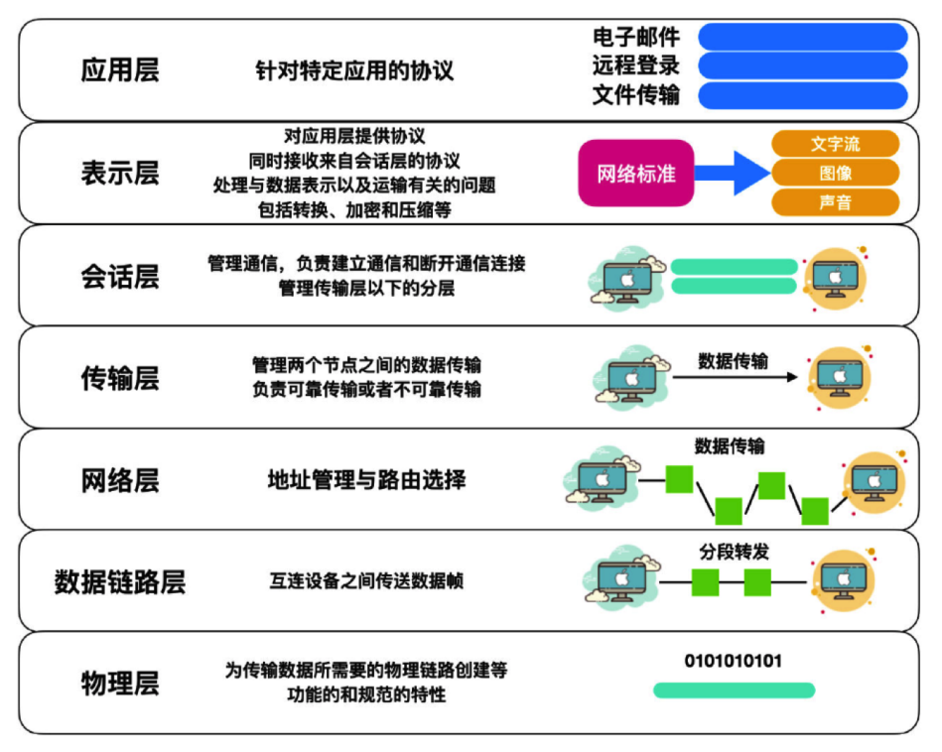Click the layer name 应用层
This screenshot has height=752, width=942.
tap(120, 69)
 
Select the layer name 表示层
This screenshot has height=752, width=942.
tap(120, 173)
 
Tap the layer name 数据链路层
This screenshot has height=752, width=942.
tap(120, 581)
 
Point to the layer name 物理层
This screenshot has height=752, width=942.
tap(120, 683)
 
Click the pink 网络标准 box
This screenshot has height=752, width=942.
tap(636, 173)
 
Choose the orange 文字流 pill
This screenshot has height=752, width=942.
tap(835, 144)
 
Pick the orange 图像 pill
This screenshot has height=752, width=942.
tap(835, 173)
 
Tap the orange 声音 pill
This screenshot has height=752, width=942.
tap(835, 202)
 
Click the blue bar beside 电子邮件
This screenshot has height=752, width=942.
tap(803, 37)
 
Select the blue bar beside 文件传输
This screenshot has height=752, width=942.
tap(803, 95)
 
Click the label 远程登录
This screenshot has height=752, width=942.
tap(636, 65)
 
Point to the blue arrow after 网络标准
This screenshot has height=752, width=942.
tap(733, 173)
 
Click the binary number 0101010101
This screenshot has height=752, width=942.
tap(733, 662)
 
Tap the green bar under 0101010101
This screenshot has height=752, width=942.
tap(735, 690)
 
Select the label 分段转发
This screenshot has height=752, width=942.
tap(734, 552)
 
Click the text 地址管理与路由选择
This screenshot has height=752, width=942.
tap(366, 480)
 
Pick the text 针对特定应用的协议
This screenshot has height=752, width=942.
tap(354, 70)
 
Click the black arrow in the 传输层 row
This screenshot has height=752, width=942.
tap(735, 377)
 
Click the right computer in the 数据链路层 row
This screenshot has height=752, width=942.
tap(844, 580)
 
